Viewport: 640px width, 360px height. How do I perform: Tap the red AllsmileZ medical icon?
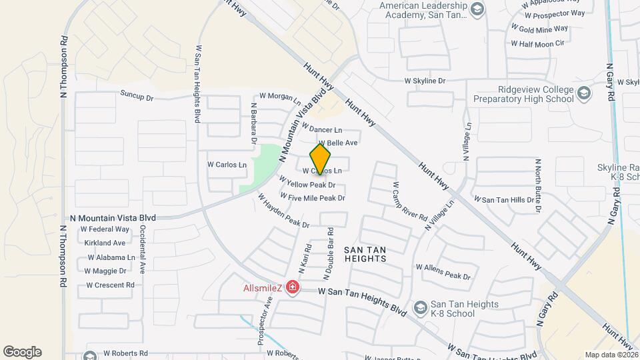(x=292, y=288)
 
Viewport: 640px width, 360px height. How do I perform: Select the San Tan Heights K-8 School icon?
(x=420, y=307)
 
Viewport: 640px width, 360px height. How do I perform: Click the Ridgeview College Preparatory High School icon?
(x=584, y=93)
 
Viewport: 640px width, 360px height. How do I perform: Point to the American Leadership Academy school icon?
(x=477, y=9)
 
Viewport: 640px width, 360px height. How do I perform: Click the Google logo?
(x=22, y=352)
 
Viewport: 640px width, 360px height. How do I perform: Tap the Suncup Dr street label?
(x=137, y=97)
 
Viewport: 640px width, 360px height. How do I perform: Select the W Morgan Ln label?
(x=279, y=97)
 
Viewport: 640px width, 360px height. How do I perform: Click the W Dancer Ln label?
(x=321, y=129)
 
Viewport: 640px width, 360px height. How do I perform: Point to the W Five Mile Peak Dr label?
(x=313, y=197)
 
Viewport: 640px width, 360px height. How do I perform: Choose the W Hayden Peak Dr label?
(x=284, y=211)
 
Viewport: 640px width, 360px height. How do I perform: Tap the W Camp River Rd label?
(x=409, y=202)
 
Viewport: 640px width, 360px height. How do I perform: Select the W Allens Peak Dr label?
(x=443, y=271)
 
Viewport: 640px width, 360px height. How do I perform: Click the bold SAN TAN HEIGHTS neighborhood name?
(x=365, y=255)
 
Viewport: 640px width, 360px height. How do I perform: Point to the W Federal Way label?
(x=105, y=229)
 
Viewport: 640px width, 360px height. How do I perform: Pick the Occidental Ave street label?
(x=142, y=249)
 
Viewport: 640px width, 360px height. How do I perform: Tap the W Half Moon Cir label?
(x=538, y=43)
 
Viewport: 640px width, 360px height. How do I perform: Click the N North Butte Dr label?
(x=537, y=186)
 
